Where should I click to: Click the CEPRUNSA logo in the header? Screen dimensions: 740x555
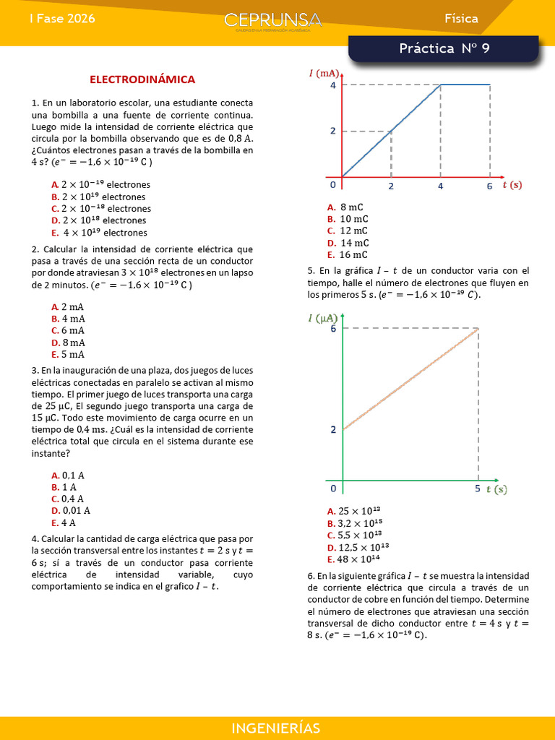coord(272,22)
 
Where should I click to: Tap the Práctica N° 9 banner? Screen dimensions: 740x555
coord(444,49)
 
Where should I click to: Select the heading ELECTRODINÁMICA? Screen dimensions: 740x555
coord(142,79)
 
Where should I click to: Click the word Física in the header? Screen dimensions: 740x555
coord(461,19)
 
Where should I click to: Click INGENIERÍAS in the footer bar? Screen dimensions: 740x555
coord(277,728)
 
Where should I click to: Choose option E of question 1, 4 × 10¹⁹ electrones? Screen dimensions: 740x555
coord(105,233)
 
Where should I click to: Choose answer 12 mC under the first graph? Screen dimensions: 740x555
coord(353,231)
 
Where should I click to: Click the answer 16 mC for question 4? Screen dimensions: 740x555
coord(353,254)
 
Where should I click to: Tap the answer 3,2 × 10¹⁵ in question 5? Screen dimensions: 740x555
coord(363,523)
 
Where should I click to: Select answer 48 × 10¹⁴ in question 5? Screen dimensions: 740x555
coord(363,559)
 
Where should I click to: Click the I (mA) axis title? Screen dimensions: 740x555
coord(323,73)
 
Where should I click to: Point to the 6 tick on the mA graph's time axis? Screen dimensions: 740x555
coord(489,186)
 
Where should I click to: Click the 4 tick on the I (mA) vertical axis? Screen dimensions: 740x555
coord(333,85)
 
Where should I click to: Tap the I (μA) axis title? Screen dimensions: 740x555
coord(323,317)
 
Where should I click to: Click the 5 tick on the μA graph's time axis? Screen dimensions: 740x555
coord(478,489)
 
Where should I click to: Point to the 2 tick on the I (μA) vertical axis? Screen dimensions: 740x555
coord(333,429)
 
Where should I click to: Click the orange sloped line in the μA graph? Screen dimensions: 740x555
coord(410,379)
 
